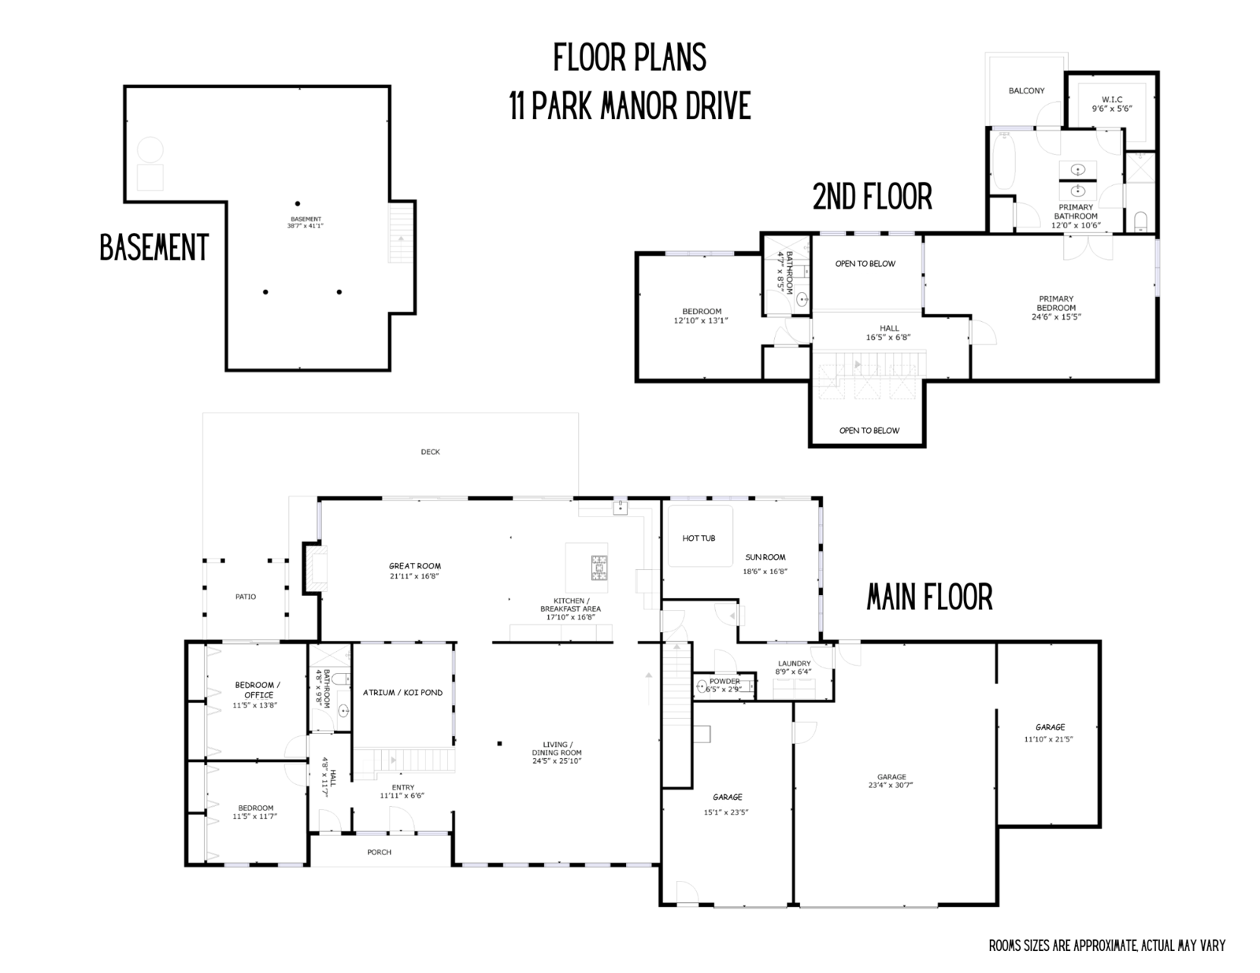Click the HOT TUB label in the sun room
click(x=699, y=538)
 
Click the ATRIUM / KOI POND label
click(x=402, y=693)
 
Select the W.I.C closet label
click(x=1112, y=99)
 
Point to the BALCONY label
click(x=1026, y=91)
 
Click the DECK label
click(x=430, y=452)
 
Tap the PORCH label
click(x=379, y=852)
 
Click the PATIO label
click(x=245, y=597)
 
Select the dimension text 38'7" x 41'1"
click(x=306, y=226)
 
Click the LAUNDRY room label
click(x=794, y=664)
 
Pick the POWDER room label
click(x=724, y=681)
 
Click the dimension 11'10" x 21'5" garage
click(x=1049, y=739)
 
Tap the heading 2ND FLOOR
click(x=872, y=197)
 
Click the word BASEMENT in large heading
click(x=154, y=247)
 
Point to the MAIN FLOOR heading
click(x=929, y=597)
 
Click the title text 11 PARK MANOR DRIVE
click(x=629, y=106)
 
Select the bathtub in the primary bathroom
click(x=1002, y=163)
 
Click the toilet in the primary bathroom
click(x=1140, y=219)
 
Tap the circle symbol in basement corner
click(x=150, y=150)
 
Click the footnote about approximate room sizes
click(x=1106, y=945)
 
